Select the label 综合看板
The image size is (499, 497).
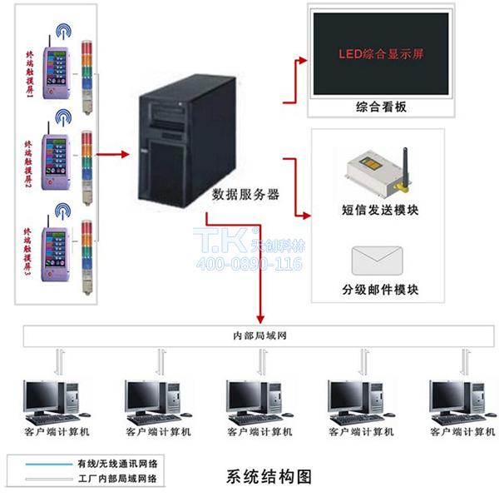point(380,107)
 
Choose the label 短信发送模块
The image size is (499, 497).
point(380,210)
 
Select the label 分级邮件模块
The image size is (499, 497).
point(380,291)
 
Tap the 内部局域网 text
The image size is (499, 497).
point(261,336)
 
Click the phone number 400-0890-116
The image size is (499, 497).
point(249,265)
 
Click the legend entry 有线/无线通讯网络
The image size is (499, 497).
point(121,463)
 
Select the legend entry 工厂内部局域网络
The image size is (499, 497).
point(121,479)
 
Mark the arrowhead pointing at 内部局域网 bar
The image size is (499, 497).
point(261,321)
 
